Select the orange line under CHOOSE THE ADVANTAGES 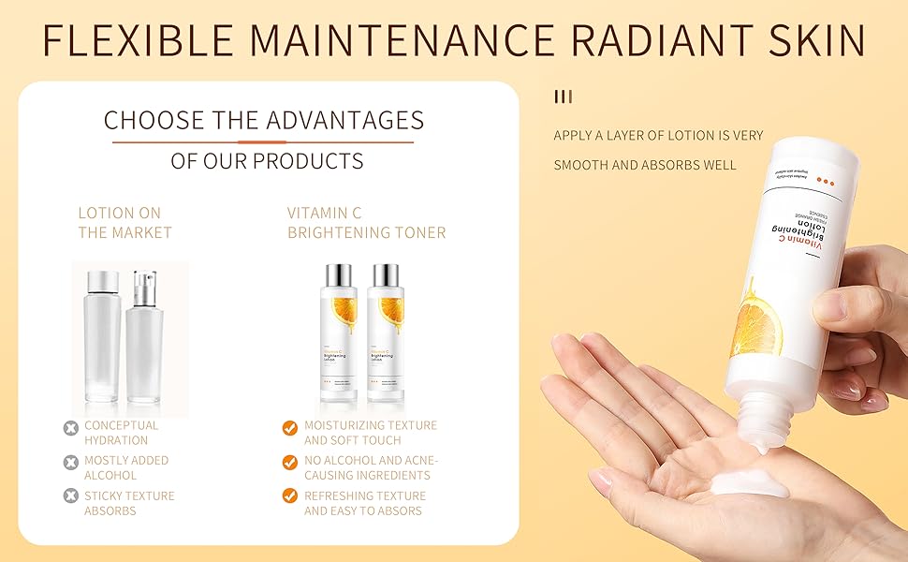pyautogui.click(x=263, y=142)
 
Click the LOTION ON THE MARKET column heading pyautogui.click(x=125, y=223)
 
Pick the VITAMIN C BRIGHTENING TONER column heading pyautogui.click(x=366, y=223)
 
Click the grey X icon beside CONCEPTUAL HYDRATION pyautogui.click(x=70, y=428)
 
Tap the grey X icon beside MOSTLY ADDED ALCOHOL pyautogui.click(x=70, y=463)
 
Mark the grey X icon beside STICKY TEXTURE pyautogui.click(x=70, y=497)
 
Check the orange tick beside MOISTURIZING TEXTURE pyautogui.click(x=289, y=428)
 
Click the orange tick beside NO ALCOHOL pyautogui.click(x=289, y=463)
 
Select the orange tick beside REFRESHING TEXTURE pyautogui.click(x=289, y=497)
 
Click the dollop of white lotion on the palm pyautogui.click(x=748, y=484)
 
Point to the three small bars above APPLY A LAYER pyautogui.click(x=563, y=96)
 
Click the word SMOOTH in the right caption pyautogui.click(x=580, y=165)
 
